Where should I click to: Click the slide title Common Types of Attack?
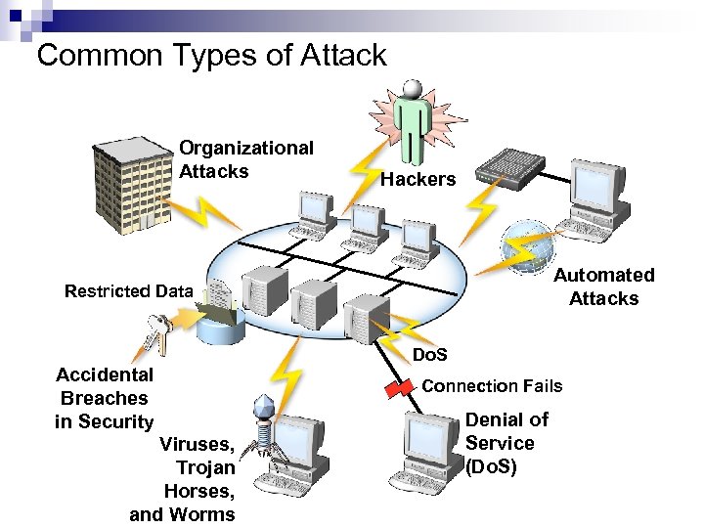pyautogui.click(x=211, y=55)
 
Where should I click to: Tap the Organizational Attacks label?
pyautogui.click(x=246, y=159)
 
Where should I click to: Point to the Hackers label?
pyautogui.click(x=418, y=179)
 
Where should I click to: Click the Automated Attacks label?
pyautogui.click(x=603, y=286)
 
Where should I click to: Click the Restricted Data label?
pyautogui.click(x=128, y=290)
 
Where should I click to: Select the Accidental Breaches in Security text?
pyautogui.click(x=105, y=398)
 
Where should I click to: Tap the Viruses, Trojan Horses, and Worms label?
pyautogui.click(x=186, y=479)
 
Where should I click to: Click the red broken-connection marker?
pyautogui.click(x=399, y=388)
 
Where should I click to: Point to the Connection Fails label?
pyautogui.click(x=492, y=385)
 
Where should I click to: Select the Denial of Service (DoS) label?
pyautogui.click(x=506, y=443)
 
